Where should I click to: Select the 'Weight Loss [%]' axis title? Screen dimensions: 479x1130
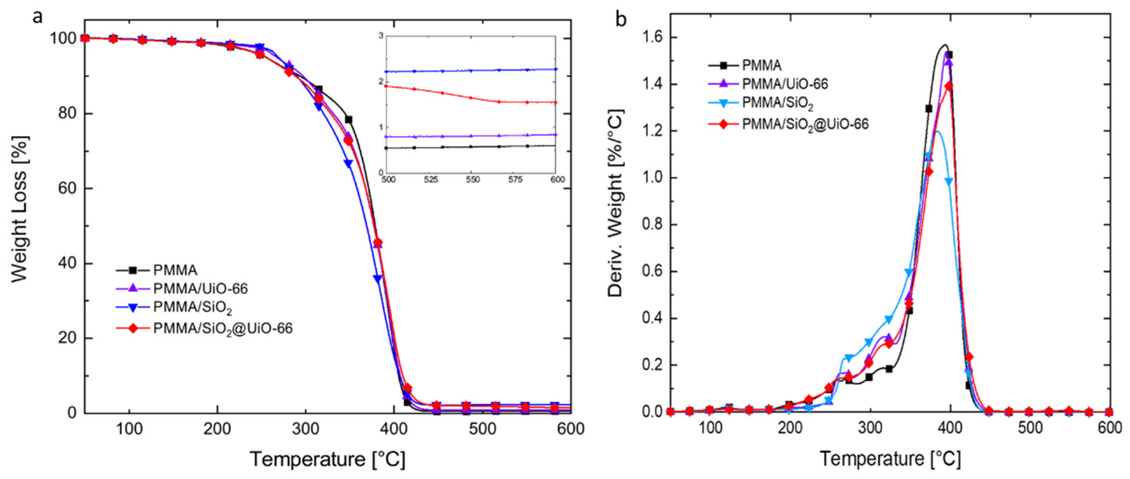coord(20,209)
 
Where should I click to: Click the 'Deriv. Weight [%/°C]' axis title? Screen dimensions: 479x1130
coord(616,203)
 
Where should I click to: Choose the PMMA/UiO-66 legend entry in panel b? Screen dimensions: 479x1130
coord(784,84)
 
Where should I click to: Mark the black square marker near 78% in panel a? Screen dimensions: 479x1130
coord(349,120)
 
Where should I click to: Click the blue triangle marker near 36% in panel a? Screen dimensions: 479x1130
coord(377,278)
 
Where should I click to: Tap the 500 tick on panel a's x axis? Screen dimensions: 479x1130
coord(482,429)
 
